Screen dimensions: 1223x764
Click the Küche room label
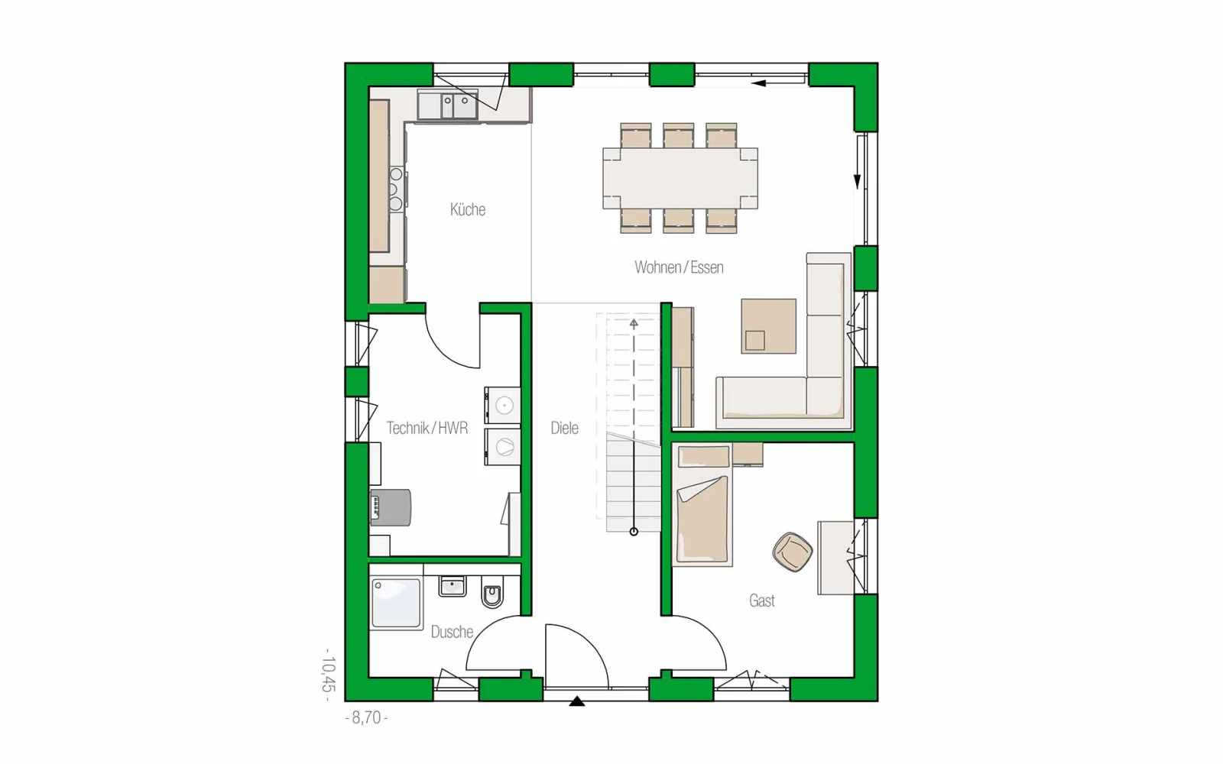click(x=467, y=209)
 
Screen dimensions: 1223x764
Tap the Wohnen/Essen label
click(x=679, y=267)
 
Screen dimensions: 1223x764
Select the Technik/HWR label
click(x=427, y=428)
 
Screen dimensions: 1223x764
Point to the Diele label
click(x=564, y=428)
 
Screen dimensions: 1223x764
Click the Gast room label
click(x=761, y=601)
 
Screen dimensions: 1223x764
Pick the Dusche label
click(x=452, y=632)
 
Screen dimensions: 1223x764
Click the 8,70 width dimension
click(x=366, y=717)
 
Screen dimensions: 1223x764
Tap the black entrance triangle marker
click(x=576, y=701)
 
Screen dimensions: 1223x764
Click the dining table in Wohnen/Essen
click(x=680, y=179)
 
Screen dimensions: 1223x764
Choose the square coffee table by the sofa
click(x=768, y=325)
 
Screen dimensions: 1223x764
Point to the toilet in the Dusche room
click(x=492, y=593)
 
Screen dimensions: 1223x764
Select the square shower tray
click(x=396, y=603)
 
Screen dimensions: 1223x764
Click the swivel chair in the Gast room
click(x=792, y=552)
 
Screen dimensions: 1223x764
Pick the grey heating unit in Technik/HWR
click(x=391, y=507)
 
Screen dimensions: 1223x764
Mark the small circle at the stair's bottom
click(x=634, y=532)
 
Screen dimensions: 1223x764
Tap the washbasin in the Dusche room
click(x=452, y=586)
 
